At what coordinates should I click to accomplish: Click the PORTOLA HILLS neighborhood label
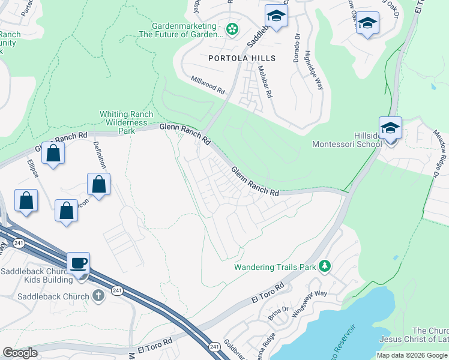point(242,58)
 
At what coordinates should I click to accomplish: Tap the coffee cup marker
point(78,263)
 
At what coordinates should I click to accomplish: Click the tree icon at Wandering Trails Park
point(325,266)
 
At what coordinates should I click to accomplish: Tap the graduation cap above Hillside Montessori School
point(390,128)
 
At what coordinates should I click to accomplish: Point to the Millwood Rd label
point(207,85)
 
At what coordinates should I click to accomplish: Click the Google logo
point(20,353)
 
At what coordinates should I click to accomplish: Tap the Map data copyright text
point(412,355)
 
